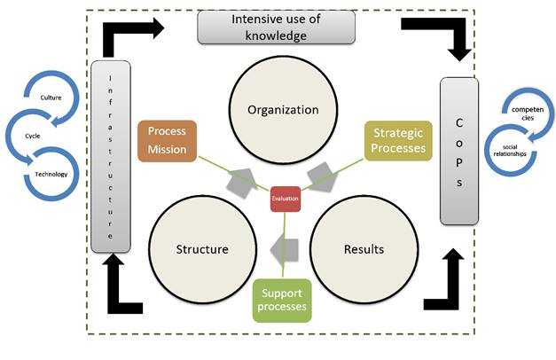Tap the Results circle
(363, 248)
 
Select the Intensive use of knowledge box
(275, 28)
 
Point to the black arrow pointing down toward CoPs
(460, 40)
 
